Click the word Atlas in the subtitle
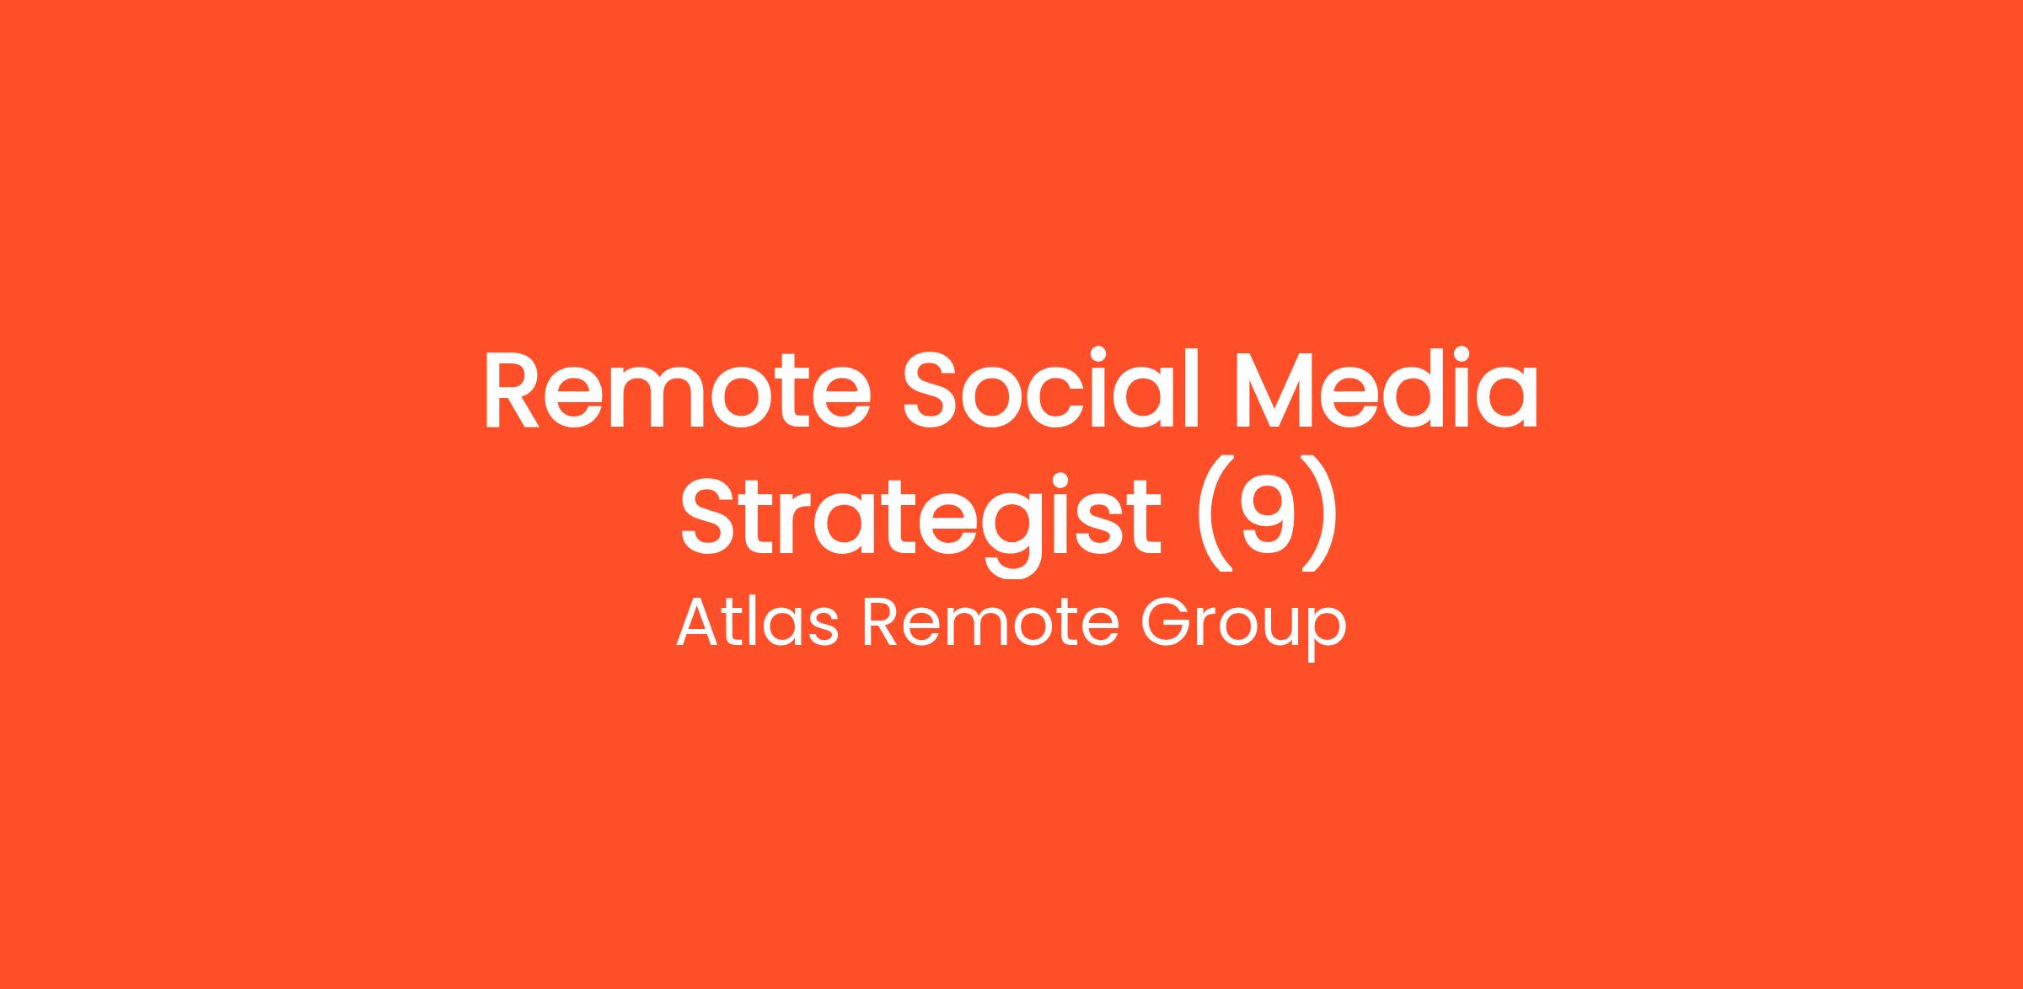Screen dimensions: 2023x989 pos(758,622)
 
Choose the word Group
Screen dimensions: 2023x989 pos(1243,629)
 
